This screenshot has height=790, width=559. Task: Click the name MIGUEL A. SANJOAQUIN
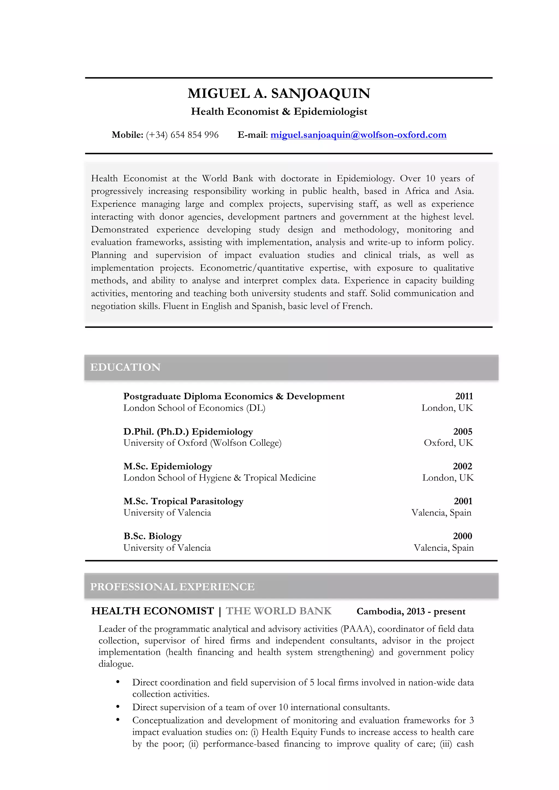click(x=279, y=94)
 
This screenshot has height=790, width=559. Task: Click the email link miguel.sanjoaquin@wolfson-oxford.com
click(x=358, y=135)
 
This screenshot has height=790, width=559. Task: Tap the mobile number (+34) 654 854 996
click(x=182, y=135)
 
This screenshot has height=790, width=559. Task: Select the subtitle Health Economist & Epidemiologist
click(x=279, y=112)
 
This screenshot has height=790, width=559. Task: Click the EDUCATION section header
click(x=125, y=367)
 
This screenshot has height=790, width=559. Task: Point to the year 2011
click(x=464, y=396)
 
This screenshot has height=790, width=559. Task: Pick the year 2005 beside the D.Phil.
click(x=463, y=432)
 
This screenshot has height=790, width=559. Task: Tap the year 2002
click(x=462, y=466)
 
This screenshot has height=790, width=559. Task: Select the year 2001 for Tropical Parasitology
click(x=463, y=501)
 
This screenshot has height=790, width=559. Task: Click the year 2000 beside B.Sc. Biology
click(x=462, y=536)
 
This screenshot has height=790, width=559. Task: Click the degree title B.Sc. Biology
click(x=153, y=536)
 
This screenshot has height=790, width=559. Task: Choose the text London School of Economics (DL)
click(x=194, y=408)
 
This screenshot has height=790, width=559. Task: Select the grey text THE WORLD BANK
click(x=278, y=611)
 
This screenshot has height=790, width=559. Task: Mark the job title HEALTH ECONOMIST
click(x=153, y=611)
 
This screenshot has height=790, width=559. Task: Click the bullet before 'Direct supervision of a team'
click(x=118, y=707)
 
